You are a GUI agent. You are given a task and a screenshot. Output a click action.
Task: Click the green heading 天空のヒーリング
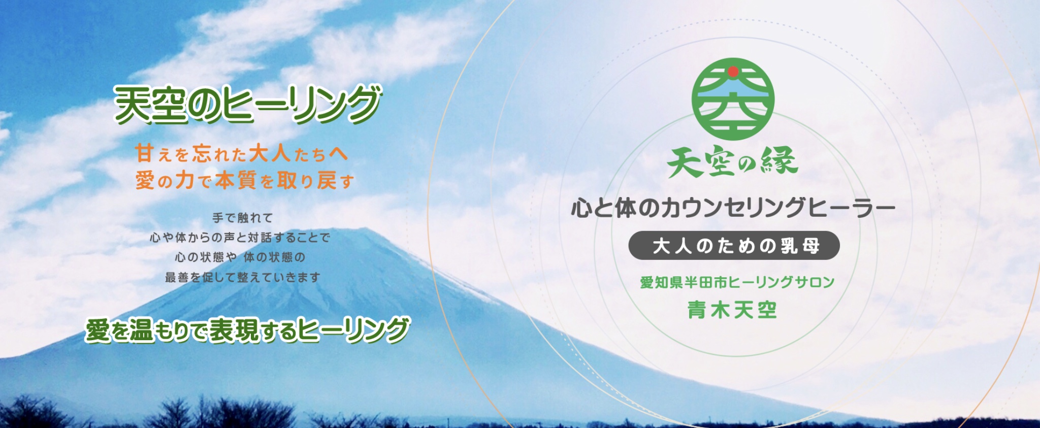pos(248,104)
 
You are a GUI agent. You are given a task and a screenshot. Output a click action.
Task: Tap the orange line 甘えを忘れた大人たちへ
pos(242,153)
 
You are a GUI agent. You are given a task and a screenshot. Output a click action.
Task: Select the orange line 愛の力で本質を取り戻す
pos(245,180)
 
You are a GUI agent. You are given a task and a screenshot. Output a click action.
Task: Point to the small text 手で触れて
pos(243,218)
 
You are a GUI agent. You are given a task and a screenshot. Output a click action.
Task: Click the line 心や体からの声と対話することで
pos(240,237)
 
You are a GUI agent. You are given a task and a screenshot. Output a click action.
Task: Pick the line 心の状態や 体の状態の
pos(240,257)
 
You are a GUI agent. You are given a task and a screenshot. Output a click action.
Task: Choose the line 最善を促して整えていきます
pos(243,277)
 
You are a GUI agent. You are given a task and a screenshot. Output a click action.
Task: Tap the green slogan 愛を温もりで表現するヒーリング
pos(247,330)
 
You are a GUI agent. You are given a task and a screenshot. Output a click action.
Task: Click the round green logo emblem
pos(733,100)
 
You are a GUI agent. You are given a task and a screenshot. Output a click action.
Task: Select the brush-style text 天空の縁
pos(733,161)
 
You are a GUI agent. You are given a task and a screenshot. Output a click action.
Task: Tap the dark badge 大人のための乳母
pos(734,246)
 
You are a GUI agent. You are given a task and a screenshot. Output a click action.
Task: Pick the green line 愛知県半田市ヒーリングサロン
pos(737,282)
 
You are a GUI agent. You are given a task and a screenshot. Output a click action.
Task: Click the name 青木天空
pos(732,310)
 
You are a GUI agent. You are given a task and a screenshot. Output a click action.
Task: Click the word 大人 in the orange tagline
pos(269,153)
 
